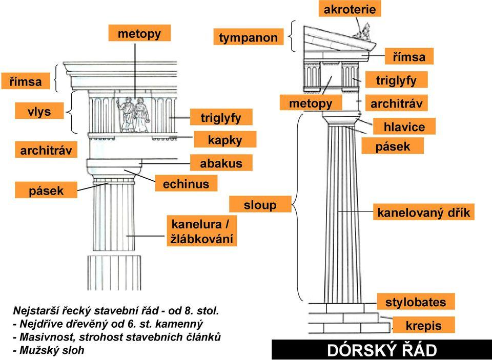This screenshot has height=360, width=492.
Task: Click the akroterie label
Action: click(350, 9)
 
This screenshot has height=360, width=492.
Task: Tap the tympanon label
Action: click(248, 37)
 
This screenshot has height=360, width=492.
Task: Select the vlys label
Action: click(39, 111)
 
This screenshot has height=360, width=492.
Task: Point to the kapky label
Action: click(224, 140)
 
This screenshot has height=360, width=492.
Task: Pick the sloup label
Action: click(259, 205)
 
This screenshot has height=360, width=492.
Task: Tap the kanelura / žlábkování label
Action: click(202, 231)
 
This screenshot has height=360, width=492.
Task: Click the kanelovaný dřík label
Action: click(423, 211)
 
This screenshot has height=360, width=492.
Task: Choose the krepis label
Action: click(423, 326)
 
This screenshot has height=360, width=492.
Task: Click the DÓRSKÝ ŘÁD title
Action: click(382, 351)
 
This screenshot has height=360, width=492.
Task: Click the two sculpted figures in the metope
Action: click(133, 114)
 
